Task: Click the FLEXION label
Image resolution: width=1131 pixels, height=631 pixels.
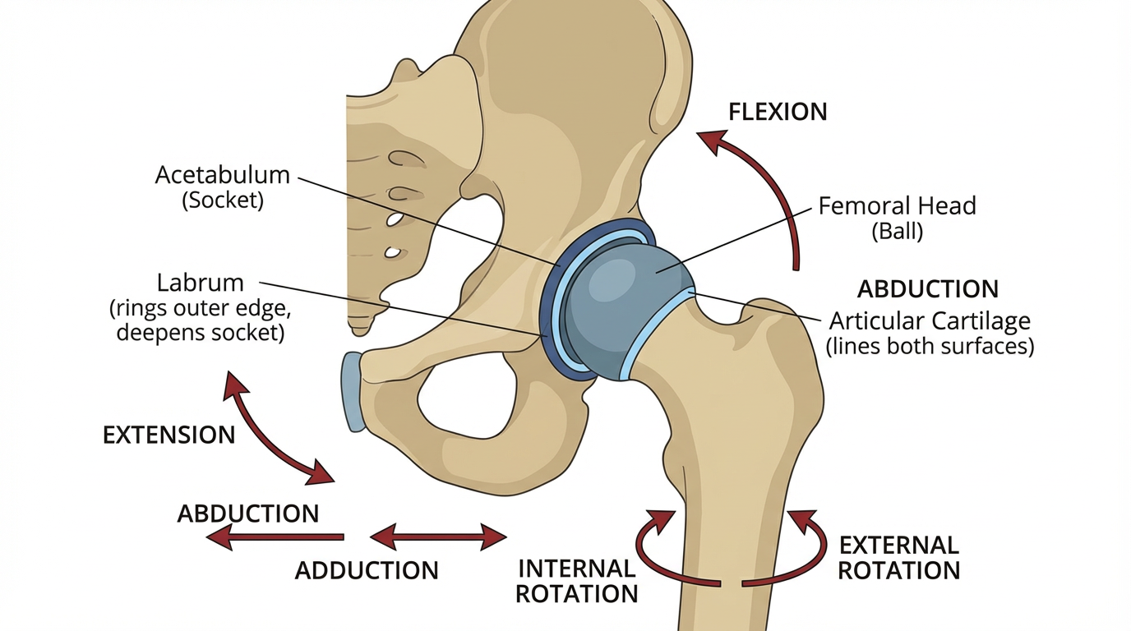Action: (778, 112)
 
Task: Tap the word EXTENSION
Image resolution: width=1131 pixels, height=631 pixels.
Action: (168, 435)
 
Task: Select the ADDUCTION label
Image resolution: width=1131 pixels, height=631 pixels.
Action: (367, 570)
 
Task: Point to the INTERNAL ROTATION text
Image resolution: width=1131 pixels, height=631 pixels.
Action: (576, 580)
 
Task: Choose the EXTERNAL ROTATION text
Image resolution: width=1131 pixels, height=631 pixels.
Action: (899, 557)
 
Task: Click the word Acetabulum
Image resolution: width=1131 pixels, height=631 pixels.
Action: (222, 175)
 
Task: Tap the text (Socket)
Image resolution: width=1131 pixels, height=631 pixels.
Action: (222, 200)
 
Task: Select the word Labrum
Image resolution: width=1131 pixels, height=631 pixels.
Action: (200, 283)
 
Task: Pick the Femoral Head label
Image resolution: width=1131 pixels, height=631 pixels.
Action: (897, 205)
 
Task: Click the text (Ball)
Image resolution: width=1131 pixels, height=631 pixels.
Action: (897, 232)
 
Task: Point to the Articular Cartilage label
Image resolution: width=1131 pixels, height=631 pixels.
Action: (929, 320)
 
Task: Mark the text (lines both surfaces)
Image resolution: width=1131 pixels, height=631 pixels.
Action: (929, 346)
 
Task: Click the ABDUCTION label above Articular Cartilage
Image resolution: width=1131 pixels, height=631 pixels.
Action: (927, 289)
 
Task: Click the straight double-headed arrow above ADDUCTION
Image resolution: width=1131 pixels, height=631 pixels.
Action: (437, 538)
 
